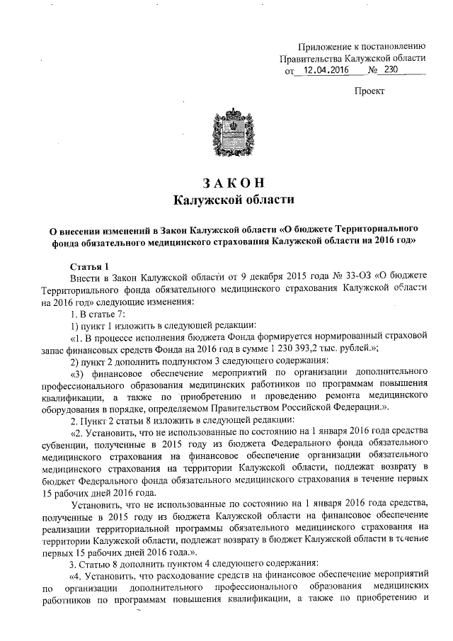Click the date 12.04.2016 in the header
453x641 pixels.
324,72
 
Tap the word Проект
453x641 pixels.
369,91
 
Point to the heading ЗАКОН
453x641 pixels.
233,182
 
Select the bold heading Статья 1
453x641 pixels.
89,267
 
